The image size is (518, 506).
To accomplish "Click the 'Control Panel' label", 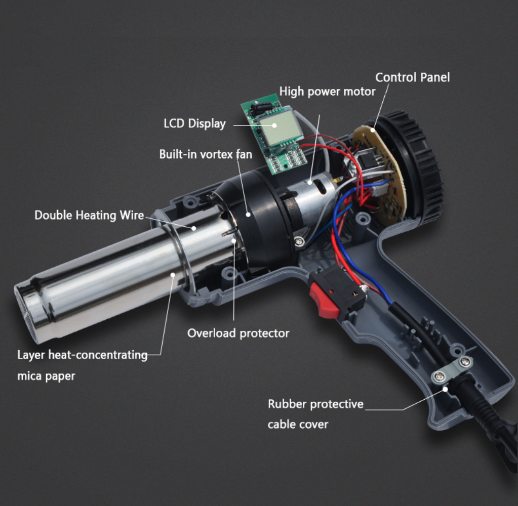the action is pos(412,77).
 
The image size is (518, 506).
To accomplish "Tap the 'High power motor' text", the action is pos(328,92).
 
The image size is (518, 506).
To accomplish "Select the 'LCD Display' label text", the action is pos(194,123).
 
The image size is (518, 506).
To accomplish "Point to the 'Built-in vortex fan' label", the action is pos(206,154).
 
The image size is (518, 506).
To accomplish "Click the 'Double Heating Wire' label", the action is pos(89,215).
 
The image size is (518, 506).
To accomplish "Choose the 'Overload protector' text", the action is pos(238,333).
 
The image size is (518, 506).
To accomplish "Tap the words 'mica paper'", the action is pos(46,376).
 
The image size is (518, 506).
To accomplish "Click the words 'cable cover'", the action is pos(298,424).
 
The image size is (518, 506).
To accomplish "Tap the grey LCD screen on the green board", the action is pos(281,128).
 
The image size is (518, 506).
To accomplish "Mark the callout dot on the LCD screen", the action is pos(274,125).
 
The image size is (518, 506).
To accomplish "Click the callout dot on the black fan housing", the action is pos(248,214).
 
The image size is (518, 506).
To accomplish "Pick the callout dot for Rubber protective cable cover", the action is pos(445,389).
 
